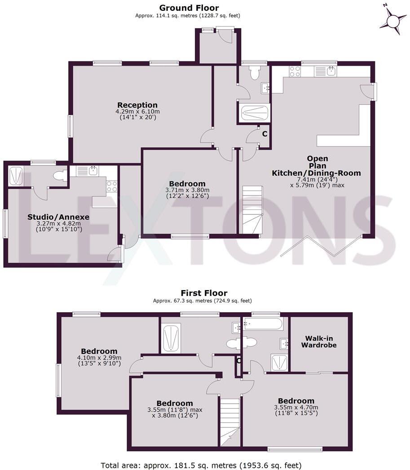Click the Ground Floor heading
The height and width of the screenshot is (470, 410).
point(189,8)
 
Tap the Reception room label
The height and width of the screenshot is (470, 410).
point(137,105)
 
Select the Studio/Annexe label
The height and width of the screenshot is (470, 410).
point(58,217)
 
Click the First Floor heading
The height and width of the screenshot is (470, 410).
point(204,293)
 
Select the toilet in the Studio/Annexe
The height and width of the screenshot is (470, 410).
point(59,176)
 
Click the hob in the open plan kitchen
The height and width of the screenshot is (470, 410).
point(295,71)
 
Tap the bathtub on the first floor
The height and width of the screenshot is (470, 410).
point(263,323)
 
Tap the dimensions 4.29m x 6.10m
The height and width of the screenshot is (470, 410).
point(137,112)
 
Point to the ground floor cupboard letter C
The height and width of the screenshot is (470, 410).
point(265,134)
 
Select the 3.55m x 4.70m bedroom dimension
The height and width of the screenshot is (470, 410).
point(295,408)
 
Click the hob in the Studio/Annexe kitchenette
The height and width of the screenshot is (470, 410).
point(112,186)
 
